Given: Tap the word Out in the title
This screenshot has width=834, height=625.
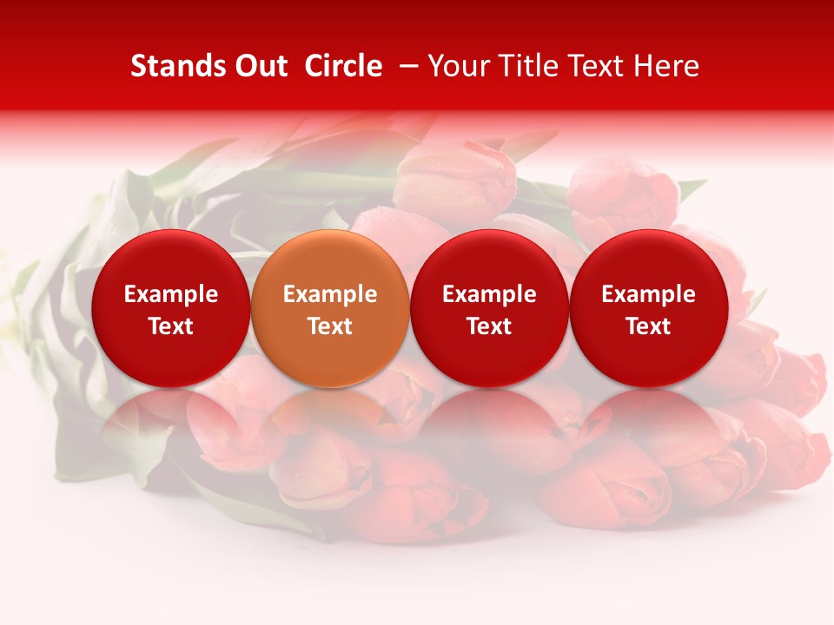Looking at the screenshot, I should [x=261, y=66].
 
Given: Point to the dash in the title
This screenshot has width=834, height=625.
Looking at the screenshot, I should [x=405, y=66].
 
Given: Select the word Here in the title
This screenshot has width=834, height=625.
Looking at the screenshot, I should [x=665, y=66].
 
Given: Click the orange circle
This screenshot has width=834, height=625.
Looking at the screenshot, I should [x=330, y=308].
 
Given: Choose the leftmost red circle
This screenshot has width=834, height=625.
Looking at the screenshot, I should [x=170, y=308].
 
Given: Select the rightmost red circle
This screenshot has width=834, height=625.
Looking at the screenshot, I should [x=649, y=308].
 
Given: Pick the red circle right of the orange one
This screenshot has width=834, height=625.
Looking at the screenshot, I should [x=489, y=308].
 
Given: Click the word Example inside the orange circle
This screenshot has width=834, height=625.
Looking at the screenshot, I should [x=330, y=294].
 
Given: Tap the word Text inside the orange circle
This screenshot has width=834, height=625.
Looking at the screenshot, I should [x=330, y=326].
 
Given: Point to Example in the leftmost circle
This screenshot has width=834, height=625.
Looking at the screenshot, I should [x=170, y=294].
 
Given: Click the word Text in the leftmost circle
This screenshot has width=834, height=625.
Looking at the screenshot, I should [x=170, y=326].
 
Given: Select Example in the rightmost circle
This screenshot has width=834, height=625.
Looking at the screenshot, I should [x=649, y=294].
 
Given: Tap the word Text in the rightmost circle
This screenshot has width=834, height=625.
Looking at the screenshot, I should [x=649, y=326].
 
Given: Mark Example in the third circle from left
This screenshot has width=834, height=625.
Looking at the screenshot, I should [x=489, y=294].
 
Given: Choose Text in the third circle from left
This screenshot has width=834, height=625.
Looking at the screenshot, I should [x=489, y=326].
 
